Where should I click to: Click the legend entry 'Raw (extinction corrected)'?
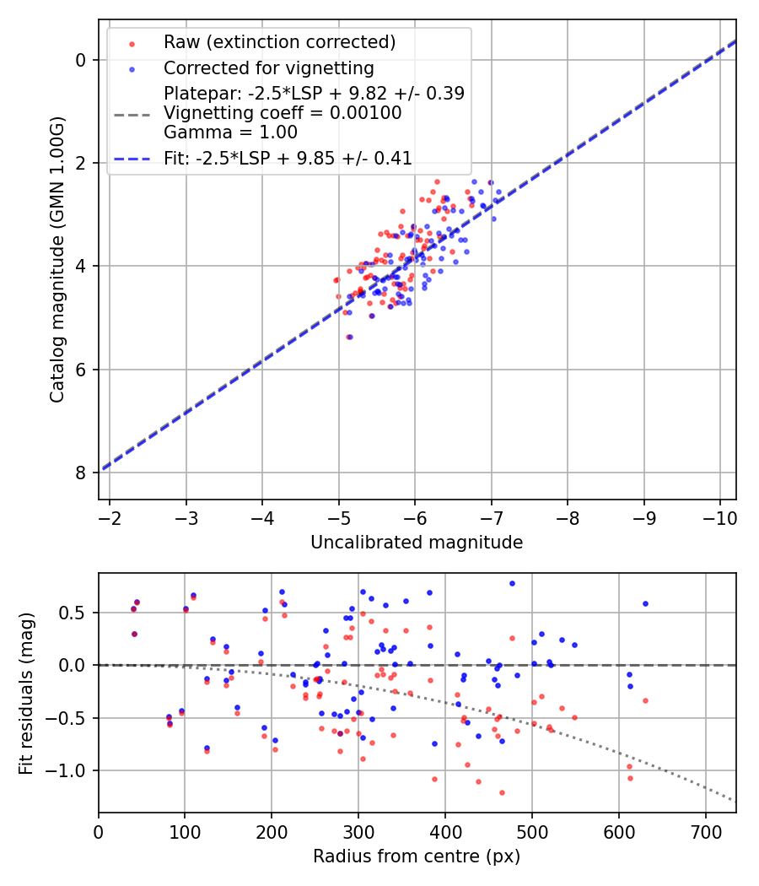(x=279, y=42)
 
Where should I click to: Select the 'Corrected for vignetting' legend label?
(x=268, y=68)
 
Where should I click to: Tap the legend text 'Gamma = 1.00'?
(x=230, y=132)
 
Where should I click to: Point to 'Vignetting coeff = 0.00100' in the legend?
(x=283, y=113)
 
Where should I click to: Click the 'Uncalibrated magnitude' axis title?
(x=417, y=543)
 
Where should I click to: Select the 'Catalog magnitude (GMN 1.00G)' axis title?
(x=57, y=259)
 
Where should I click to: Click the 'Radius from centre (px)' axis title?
(x=417, y=856)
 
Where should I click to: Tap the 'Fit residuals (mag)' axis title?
(x=26, y=693)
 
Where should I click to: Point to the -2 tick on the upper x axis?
(x=110, y=515)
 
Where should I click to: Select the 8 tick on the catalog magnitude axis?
(x=82, y=473)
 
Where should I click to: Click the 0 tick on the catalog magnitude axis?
(x=82, y=60)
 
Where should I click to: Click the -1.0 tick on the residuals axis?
(x=71, y=771)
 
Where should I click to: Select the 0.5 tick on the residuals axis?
(x=77, y=613)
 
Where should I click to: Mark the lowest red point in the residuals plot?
(x=502, y=792)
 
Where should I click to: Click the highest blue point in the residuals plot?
(x=512, y=583)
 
